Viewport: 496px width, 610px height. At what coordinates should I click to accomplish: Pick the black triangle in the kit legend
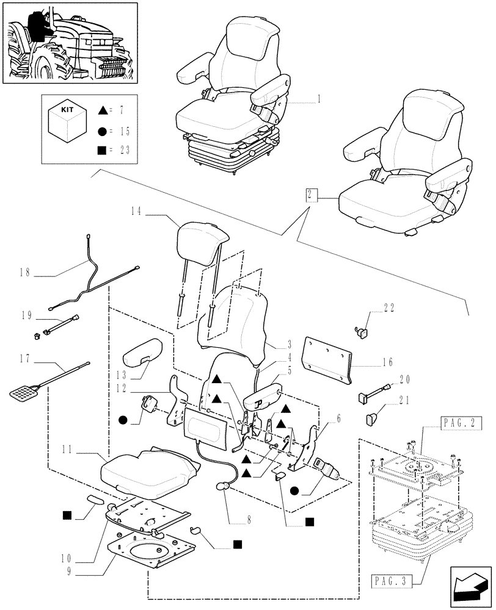point(101,111)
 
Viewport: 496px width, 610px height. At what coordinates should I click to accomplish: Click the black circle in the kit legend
point(101,131)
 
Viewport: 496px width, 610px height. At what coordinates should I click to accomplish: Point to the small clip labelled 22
point(362,331)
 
